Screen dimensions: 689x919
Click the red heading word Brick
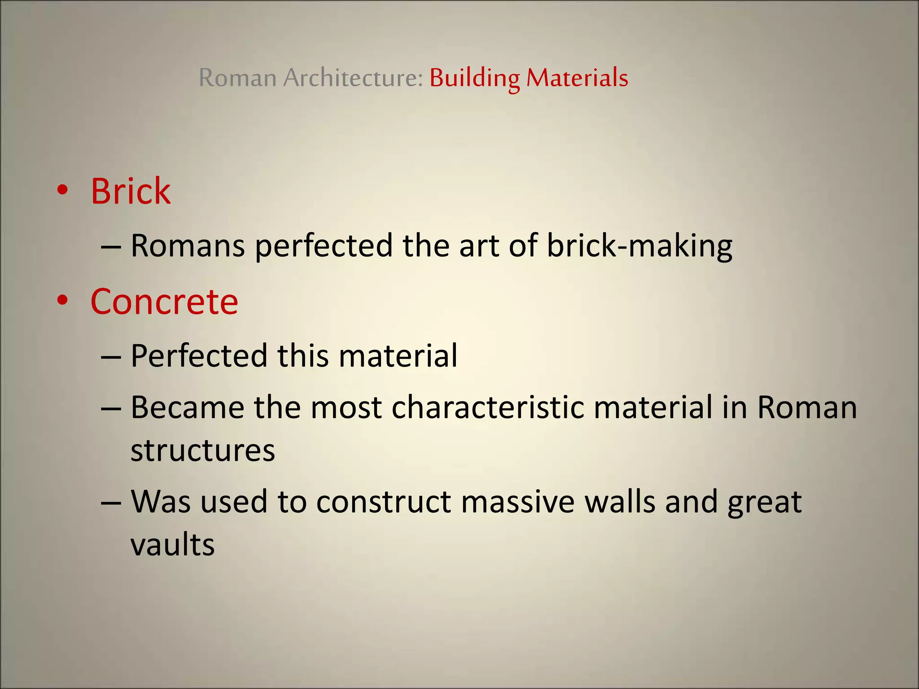click(x=131, y=192)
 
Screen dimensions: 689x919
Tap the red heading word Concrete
click(x=164, y=302)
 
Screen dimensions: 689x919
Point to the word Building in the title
click(x=474, y=78)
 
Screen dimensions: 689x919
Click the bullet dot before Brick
click(x=62, y=190)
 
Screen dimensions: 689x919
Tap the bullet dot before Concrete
click(x=62, y=301)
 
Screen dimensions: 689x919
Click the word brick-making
click(x=639, y=247)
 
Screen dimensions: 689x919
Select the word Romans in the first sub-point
click(x=188, y=247)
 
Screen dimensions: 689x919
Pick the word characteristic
click(x=488, y=408)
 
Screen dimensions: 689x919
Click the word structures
click(x=202, y=451)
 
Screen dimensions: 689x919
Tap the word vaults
click(x=172, y=545)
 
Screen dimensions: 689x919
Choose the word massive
click(x=517, y=502)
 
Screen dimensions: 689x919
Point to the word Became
click(x=188, y=408)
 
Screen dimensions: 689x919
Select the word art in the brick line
click(x=478, y=247)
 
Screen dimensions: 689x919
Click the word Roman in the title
click(x=237, y=78)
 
